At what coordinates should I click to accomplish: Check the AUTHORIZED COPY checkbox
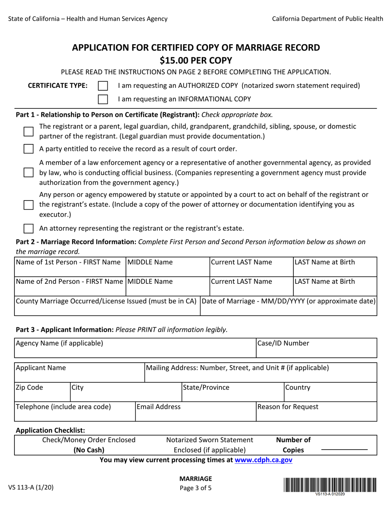[103, 86]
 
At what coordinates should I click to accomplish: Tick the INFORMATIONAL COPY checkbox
[103, 99]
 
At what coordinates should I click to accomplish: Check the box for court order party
[28, 149]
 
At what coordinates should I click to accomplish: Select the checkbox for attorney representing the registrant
[28, 228]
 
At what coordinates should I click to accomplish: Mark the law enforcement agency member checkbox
[28, 172]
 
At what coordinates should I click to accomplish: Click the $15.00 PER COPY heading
[196, 60]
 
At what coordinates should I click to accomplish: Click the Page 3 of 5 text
[196, 488]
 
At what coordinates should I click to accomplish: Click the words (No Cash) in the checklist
[89, 450]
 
